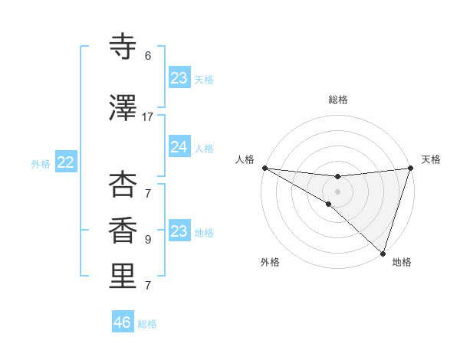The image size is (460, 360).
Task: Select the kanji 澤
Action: point(123,109)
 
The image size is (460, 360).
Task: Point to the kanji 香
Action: point(123,230)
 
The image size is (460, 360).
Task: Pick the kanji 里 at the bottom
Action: point(123,277)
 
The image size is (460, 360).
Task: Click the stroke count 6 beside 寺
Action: point(148,55)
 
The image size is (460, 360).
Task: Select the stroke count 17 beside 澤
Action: point(148,117)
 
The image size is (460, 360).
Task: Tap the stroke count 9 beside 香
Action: point(148,239)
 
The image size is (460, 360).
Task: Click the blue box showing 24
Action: point(179,147)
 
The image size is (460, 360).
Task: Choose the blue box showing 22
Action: point(66,162)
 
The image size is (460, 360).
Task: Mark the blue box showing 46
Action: point(123,322)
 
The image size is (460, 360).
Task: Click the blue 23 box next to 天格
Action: point(179,78)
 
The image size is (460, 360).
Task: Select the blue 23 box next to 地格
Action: point(179,231)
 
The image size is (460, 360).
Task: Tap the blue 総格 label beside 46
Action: point(147,324)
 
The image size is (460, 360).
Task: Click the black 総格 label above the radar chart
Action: point(337,100)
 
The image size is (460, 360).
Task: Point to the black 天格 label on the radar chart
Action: point(431,159)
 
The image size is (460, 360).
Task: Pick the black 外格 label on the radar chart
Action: point(270,262)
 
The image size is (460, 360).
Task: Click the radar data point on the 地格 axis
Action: point(383,253)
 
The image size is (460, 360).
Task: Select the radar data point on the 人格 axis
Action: point(264,168)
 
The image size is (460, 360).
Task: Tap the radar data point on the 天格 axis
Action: point(410,168)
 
